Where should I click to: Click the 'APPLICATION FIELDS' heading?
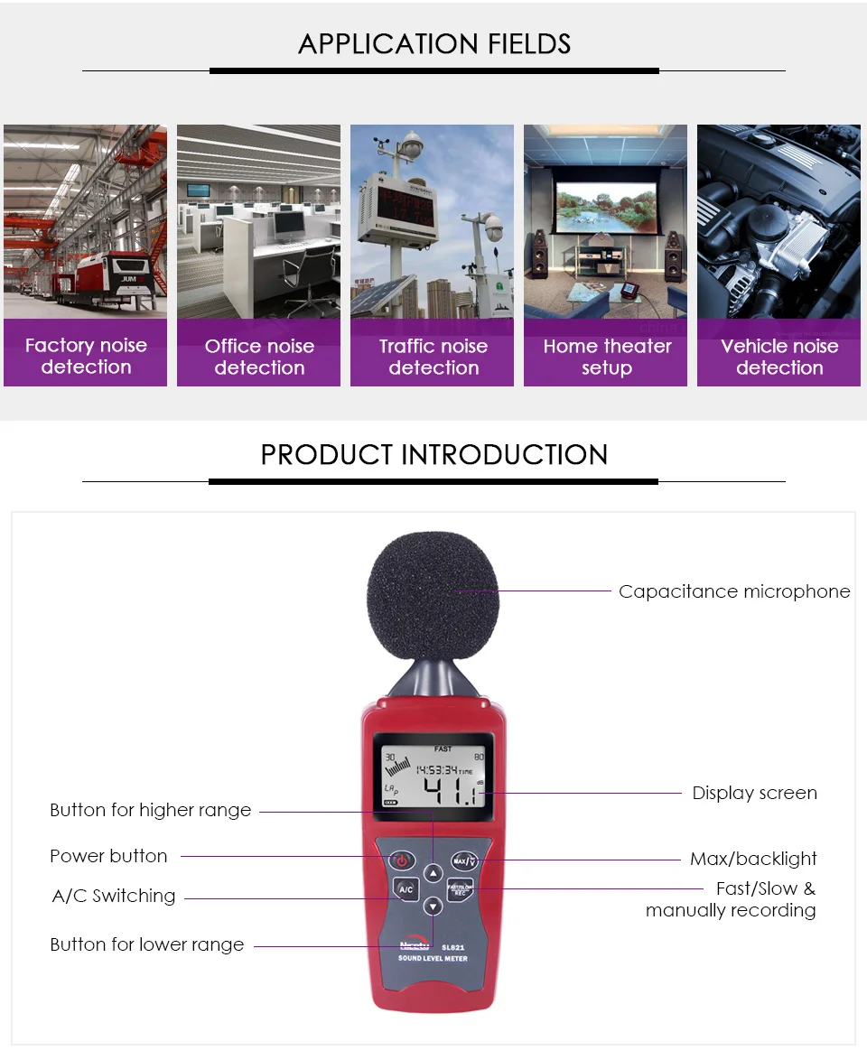[x=434, y=43]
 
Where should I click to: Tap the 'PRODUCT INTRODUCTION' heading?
[x=434, y=454]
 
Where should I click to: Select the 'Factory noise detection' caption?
[x=86, y=356]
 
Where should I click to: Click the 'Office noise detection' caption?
[x=259, y=357]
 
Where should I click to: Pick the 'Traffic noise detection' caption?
[x=433, y=357]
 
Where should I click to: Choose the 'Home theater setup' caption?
[x=607, y=357]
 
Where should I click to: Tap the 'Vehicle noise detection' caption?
[x=779, y=357]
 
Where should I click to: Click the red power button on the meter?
[x=402, y=860]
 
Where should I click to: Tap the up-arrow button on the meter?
[x=433, y=873]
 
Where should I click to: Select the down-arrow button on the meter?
[x=433, y=907]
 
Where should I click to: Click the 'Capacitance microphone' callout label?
[x=734, y=591]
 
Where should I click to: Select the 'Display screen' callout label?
[x=754, y=793]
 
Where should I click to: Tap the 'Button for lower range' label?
[x=147, y=944]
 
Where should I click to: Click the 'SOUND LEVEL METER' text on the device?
[x=433, y=958]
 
